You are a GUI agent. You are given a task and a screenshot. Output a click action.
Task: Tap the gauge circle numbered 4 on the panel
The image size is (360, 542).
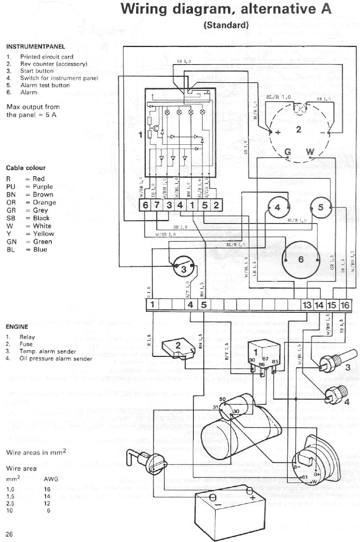277,207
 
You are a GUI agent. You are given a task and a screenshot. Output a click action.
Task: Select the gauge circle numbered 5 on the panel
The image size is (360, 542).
321,207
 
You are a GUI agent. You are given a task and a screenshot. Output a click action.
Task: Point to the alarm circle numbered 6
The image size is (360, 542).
300,259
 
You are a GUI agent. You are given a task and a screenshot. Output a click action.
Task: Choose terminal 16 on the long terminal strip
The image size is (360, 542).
344,305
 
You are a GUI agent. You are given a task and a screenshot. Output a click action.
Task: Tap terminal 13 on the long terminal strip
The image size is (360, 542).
307,305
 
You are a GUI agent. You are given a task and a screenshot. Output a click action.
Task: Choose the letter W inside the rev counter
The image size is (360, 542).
310,152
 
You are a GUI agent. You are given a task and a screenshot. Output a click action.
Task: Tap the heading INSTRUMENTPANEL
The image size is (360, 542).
36,47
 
